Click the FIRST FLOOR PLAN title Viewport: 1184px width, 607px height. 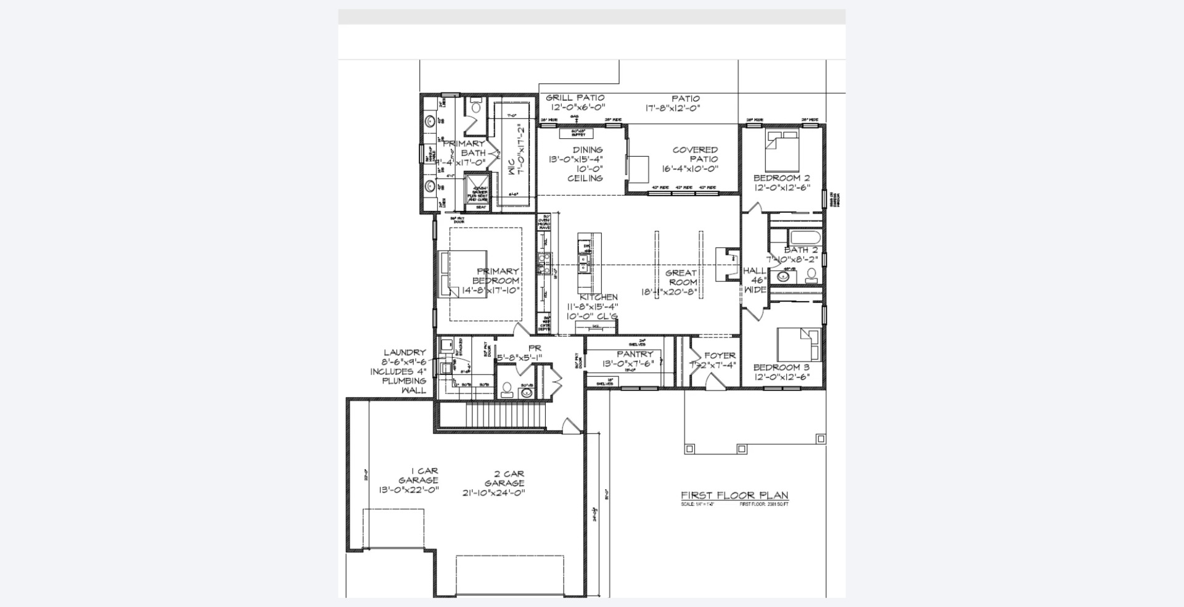click(x=734, y=495)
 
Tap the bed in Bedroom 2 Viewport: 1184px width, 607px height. click(x=783, y=151)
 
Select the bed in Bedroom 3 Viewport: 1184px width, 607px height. click(x=799, y=345)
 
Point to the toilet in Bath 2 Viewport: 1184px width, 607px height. click(x=812, y=275)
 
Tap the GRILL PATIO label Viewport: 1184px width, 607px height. click(x=575, y=97)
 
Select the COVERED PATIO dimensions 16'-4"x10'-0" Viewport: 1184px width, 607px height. click(x=691, y=168)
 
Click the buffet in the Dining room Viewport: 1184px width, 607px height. click(x=576, y=133)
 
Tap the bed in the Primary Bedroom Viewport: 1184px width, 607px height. click(x=462, y=274)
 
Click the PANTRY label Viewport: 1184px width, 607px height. click(x=635, y=354)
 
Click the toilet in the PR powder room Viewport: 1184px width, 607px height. click(x=508, y=389)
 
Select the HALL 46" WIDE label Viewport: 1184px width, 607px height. click(x=755, y=279)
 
